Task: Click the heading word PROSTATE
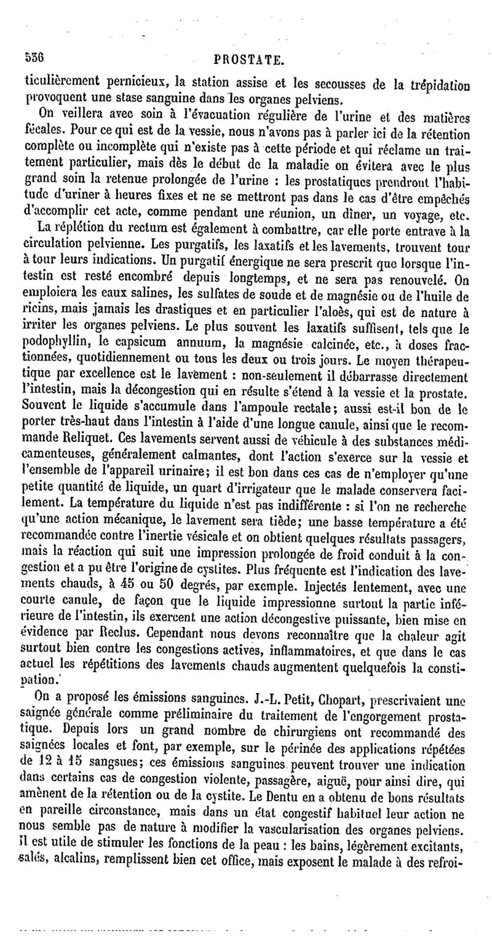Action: pos(248,60)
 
